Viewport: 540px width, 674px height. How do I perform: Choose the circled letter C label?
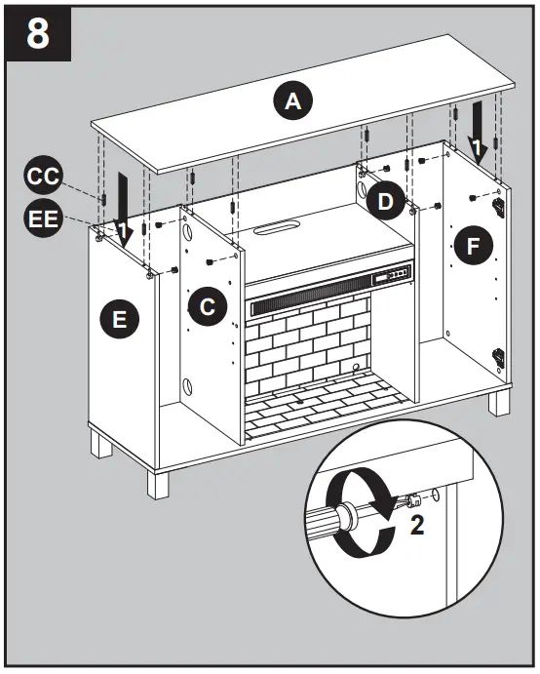pyautogui.click(x=207, y=306)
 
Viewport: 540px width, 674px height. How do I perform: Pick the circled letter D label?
pyautogui.click(x=387, y=202)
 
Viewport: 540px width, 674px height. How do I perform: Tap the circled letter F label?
pyautogui.click(x=474, y=247)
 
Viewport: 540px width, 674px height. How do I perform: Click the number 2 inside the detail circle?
pyautogui.click(x=417, y=525)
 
